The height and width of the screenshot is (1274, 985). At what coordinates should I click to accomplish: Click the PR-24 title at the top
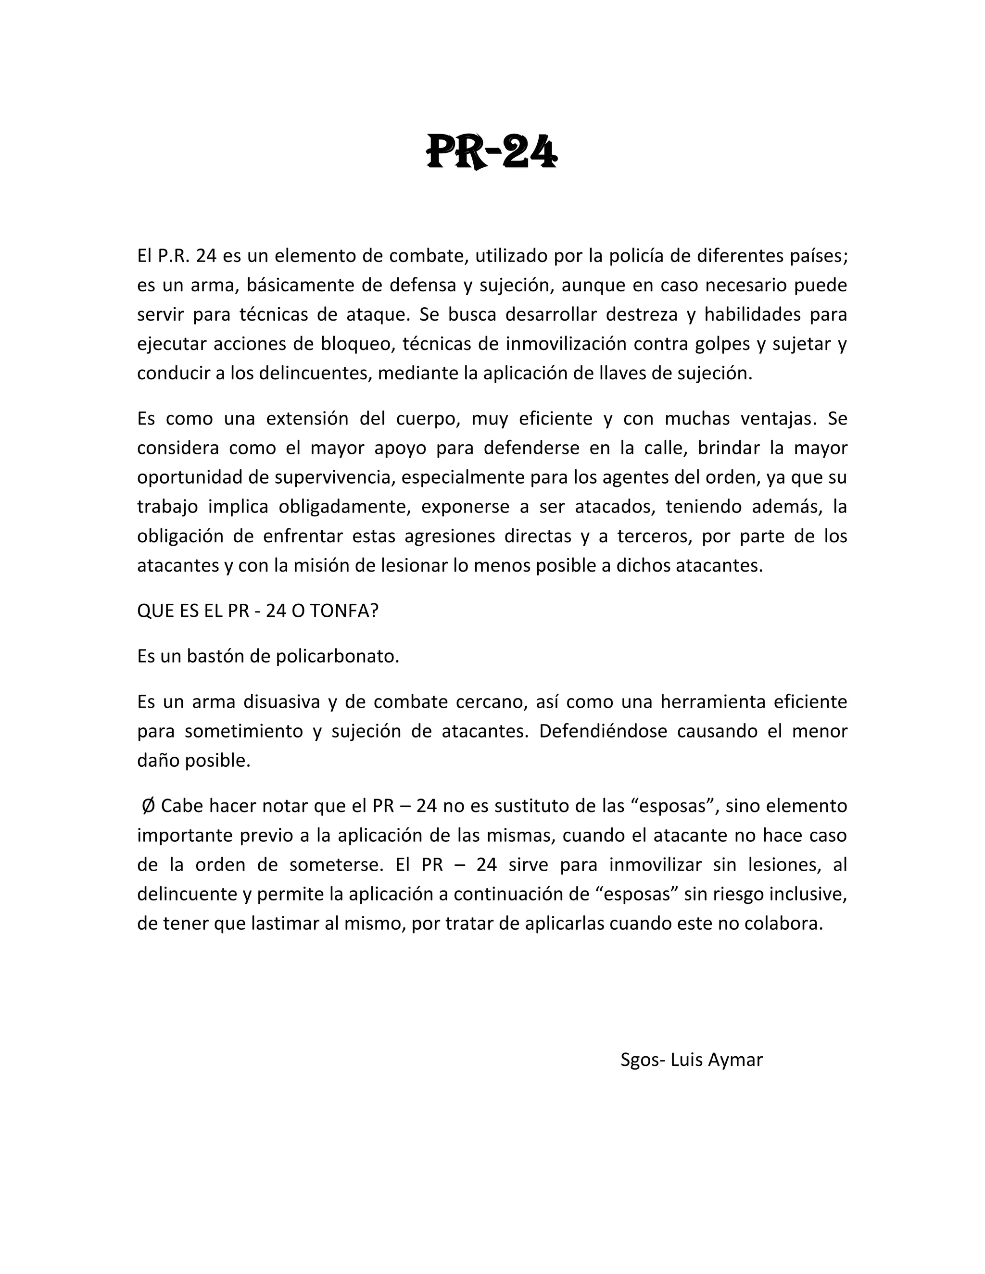pyautogui.click(x=492, y=151)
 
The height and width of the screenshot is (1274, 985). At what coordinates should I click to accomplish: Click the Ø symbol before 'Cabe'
pyautogui.click(x=148, y=806)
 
